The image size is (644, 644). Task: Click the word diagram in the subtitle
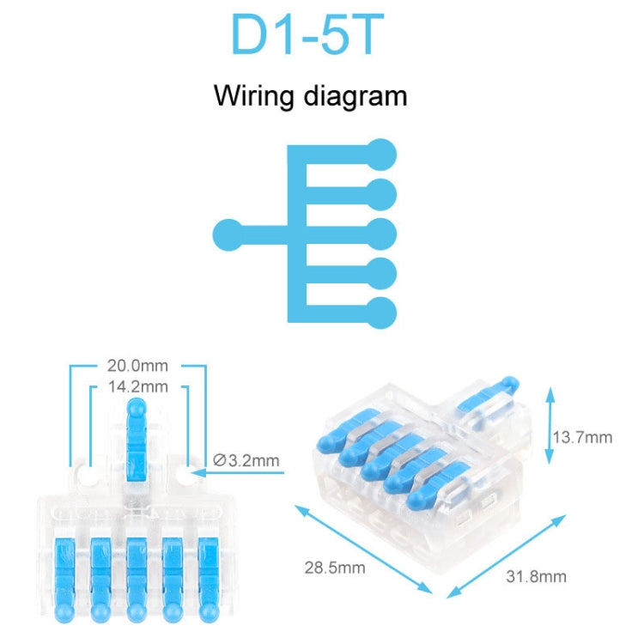point(352,95)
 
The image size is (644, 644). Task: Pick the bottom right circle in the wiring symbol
point(381,312)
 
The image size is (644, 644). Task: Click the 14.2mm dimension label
point(137,386)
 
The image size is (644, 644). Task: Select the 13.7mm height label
point(582,437)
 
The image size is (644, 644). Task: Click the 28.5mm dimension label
point(333,568)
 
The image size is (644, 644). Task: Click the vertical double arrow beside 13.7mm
point(548,425)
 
